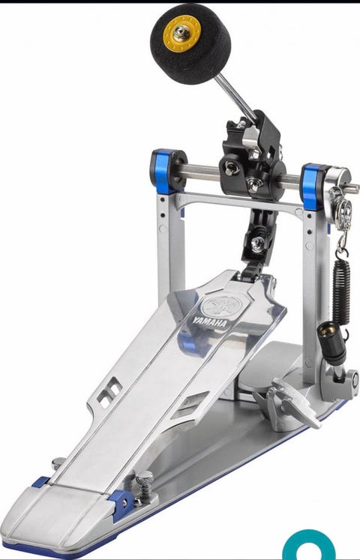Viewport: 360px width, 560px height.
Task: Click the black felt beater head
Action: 190,43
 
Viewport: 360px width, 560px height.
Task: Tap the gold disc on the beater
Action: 182,34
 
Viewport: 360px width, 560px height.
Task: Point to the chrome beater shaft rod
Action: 235,97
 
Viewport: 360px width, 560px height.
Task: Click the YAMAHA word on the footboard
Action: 210,322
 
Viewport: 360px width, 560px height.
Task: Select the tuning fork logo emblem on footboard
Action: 222,306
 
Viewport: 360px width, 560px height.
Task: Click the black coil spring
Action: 341,292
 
